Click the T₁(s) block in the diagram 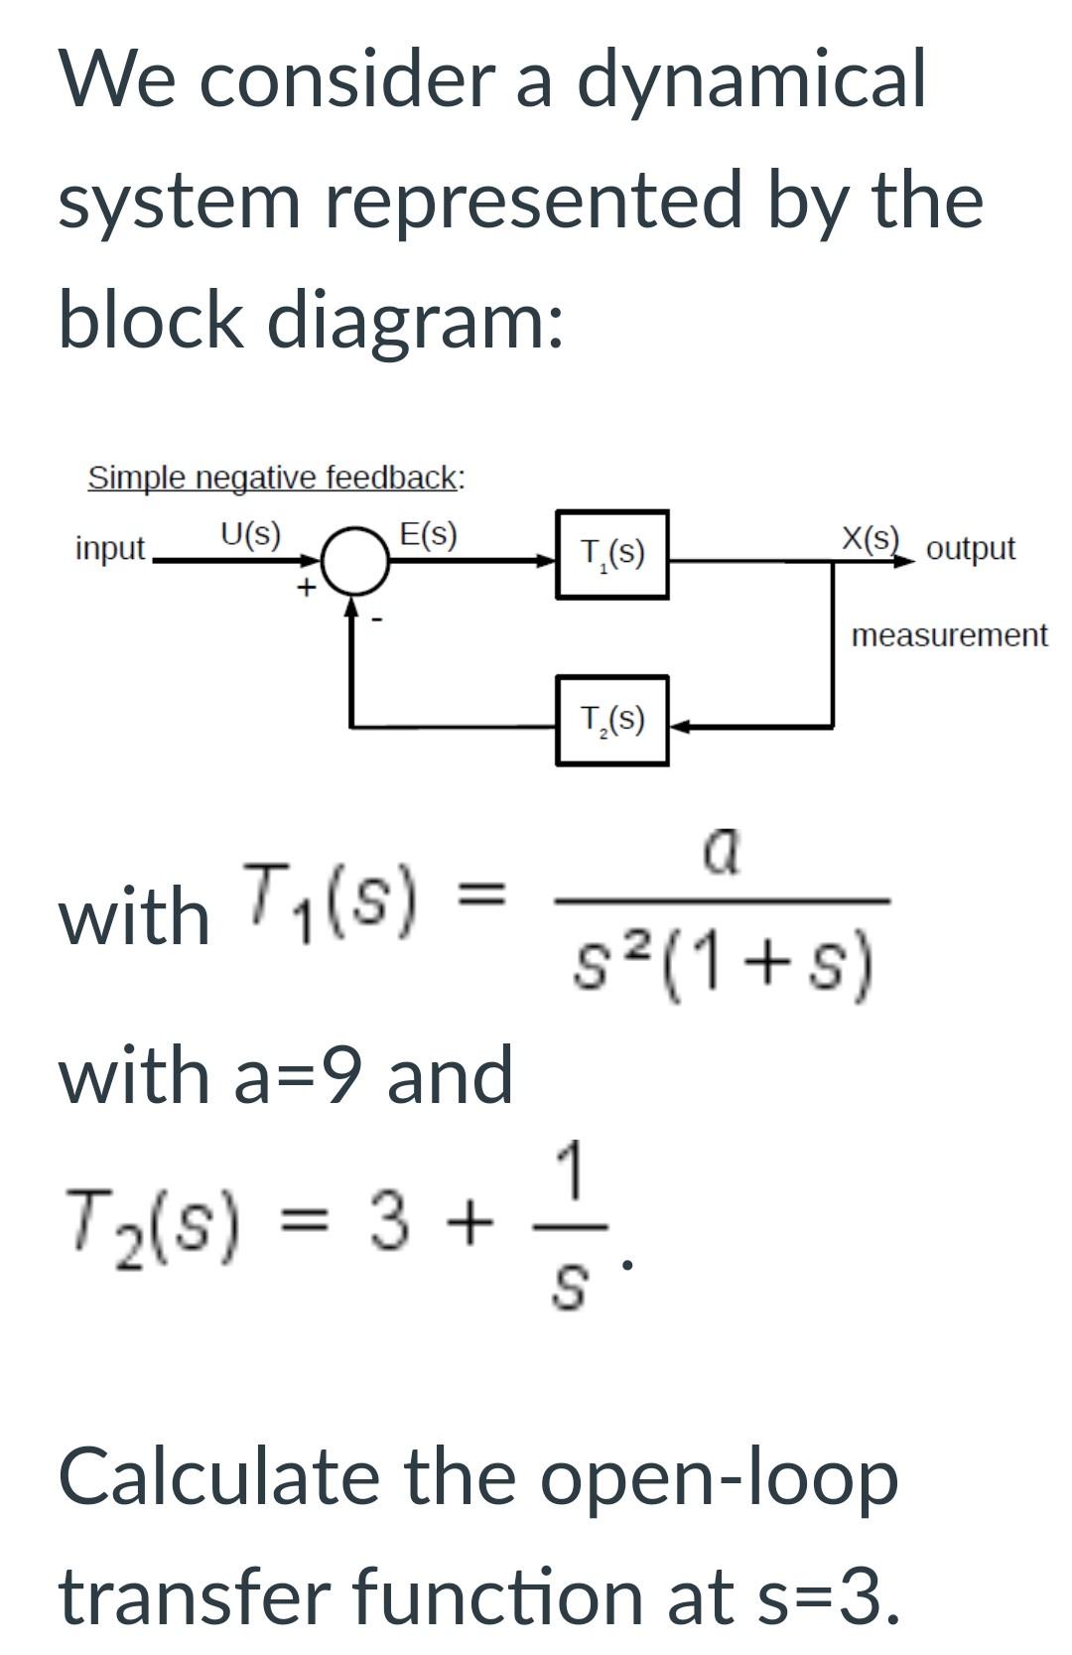tap(611, 554)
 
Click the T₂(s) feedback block tap(611, 720)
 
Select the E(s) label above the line tap(428, 535)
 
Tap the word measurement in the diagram tap(949, 635)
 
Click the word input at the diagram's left tap(110, 548)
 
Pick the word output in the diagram tap(970, 548)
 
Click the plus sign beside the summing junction tap(307, 587)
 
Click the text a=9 tap(304, 1076)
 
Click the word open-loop tap(719, 1476)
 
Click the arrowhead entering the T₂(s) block tap(680, 726)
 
